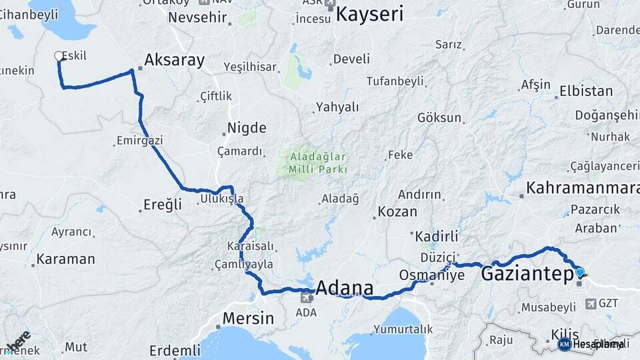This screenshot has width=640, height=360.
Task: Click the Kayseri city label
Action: point(369,13)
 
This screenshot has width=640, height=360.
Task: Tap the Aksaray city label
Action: point(174,60)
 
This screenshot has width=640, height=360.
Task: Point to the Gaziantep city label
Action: point(527,273)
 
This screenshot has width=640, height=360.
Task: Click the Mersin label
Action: point(248,318)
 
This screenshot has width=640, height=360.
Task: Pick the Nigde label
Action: point(247,128)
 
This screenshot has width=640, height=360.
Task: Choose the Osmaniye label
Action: point(431,275)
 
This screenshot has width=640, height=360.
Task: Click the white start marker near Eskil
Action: point(59,57)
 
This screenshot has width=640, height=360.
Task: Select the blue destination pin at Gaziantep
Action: point(579,272)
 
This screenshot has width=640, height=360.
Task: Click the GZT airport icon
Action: point(589,304)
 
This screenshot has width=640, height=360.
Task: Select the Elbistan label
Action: point(586,91)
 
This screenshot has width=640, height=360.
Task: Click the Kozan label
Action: point(397,212)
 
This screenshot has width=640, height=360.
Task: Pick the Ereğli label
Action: point(163,205)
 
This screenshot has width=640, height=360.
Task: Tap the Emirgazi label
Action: point(139,141)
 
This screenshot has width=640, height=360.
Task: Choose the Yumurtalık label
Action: point(403,329)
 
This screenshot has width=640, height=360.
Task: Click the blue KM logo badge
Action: point(564,344)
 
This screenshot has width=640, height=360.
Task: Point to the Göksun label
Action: point(439,118)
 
